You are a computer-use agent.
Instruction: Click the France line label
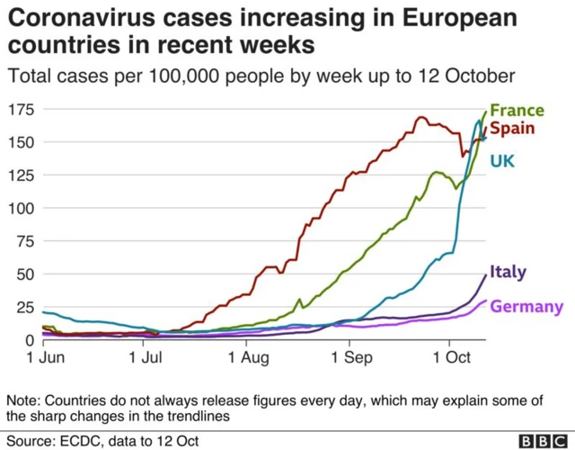[x=517, y=111]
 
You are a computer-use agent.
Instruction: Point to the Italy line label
[x=509, y=272]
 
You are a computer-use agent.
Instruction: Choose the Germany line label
[x=526, y=307]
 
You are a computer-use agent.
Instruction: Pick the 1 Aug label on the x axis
[x=244, y=358]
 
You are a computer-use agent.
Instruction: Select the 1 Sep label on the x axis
[x=349, y=358]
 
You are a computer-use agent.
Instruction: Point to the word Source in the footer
[x=31, y=439]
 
